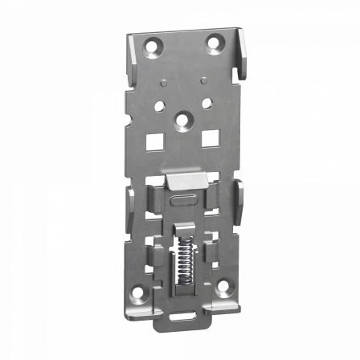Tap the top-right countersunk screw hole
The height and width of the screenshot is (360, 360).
pos(215,42)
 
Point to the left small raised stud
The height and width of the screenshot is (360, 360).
pos(161,82)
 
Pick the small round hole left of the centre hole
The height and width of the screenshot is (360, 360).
pos(160,105)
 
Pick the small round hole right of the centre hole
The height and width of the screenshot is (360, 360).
pos(207,103)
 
